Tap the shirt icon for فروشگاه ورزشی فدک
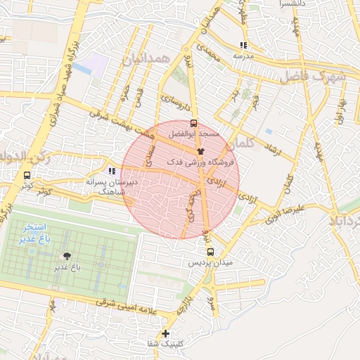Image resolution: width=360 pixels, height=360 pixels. click(200, 151)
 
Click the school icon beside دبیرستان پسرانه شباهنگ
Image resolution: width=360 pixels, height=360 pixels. click(111, 171)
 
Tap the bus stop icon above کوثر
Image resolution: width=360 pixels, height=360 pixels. click(27, 175)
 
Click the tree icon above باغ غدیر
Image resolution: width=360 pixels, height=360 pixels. click(67, 256)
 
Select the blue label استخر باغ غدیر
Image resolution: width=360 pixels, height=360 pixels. click(33, 233)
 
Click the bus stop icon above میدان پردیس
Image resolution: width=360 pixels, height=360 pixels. click(210, 252)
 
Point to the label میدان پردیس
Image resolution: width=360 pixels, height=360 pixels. click(210, 262)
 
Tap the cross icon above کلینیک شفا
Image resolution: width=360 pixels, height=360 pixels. click(166, 333)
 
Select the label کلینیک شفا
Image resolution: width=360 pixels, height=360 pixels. click(166, 344)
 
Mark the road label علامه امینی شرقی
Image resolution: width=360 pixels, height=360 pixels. click(112, 304)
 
